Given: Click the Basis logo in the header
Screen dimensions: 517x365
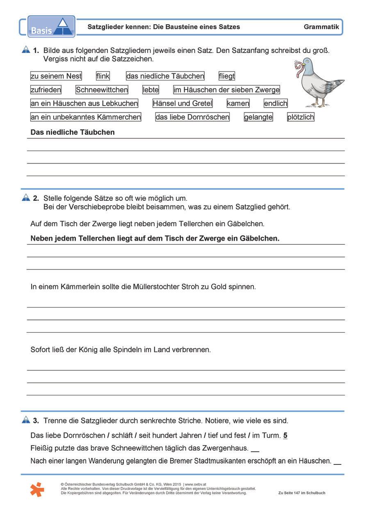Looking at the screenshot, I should [x=51, y=27].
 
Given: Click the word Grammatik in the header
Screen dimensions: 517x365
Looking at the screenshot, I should [x=321, y=27].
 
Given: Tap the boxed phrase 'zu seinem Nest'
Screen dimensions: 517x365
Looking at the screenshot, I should [x=56, y=76].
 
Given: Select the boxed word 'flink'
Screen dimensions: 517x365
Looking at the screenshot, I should [x=103, y=76].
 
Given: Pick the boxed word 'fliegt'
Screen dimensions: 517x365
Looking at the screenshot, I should [x=227, y=76].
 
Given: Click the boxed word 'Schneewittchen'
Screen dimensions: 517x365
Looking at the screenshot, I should [x=102, y=90].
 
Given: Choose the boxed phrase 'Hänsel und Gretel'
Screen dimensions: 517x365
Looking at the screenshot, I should [x=182, y=103].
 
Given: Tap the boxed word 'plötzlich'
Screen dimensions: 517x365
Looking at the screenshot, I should [x=301, y=117].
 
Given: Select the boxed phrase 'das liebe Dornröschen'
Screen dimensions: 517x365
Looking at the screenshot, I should [x=192, y=117].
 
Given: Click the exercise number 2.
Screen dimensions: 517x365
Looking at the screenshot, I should [x=36, y=198].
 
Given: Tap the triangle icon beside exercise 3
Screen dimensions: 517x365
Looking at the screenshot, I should [x=26, y=420].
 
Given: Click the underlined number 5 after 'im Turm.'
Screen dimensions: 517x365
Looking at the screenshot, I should [x=285, y=436].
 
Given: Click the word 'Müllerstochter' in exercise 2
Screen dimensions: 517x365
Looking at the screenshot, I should [x=156, y=287].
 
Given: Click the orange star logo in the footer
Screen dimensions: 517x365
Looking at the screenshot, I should [x=37, y=489].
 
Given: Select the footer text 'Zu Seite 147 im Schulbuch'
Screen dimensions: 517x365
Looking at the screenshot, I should [x=301, y=493].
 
